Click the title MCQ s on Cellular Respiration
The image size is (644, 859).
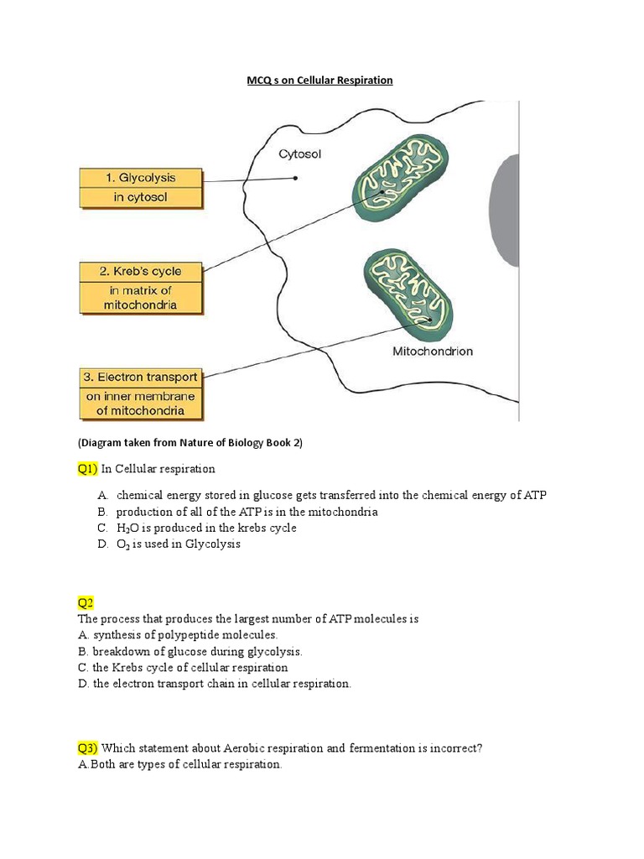(319, 81)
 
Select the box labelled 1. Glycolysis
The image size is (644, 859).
(141, 178)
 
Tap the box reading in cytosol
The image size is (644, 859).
(141, 198)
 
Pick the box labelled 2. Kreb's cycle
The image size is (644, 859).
(141, 272)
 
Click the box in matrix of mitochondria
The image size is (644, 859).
(141, 298)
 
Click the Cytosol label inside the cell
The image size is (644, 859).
(299, 154)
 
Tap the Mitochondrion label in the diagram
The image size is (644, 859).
(433, 351)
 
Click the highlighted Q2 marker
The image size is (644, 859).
(86, 602)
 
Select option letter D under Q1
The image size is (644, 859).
(101, 544)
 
